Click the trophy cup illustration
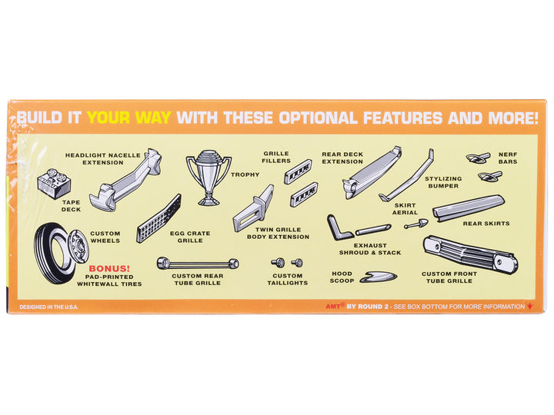[x=209, y=178]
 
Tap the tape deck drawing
[x=54, y=184]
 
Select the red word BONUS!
[x=109, y=268]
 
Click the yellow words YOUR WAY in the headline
[x=129, y=118]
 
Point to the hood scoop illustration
[x=378, y=277]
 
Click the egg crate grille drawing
[x=159, y=219]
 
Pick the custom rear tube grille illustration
[x=198, y=264]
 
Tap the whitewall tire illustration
[x=53, y=253]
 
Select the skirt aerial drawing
[x=416, y=224]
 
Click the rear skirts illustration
[x=469, y=208]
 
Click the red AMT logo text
[x=333, y=307]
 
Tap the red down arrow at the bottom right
[x=529, y=307]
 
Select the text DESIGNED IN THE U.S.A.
[x=48, y=307]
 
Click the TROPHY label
[x=245, y=174]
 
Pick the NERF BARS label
[x=508, y=158]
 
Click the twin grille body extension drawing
[x=253, y=209]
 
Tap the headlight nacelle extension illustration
[x=125, y=180]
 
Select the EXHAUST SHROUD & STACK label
[x=370, y=249]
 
